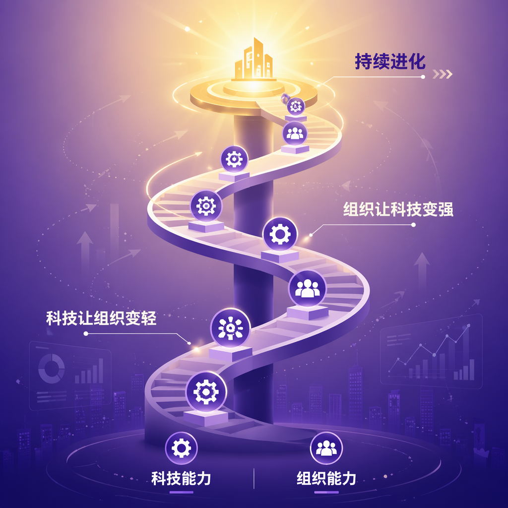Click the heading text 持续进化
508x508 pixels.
pyautogui.click(x=390, y=62)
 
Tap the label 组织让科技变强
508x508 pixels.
pyautogui.click(x=398, y=209)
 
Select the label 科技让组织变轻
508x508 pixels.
pyautogui.click(x=101, y=318)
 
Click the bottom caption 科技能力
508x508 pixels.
pyautogui.click(x=181, y=479)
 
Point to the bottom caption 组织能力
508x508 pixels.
pyautogui.click(x=326, y=479)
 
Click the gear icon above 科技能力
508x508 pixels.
pyautogui.click(x=181, y=448)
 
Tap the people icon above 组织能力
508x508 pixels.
pyautogui.click(x=326, y=448)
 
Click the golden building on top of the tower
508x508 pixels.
pyautogui.click(x=254, y=60)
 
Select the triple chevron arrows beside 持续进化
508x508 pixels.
pyautogui.click(x=442, y=74)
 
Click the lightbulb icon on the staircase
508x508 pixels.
pyautogui.click(x=230, y=328)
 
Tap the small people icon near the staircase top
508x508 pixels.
pyautogui.click(x=295, y=133)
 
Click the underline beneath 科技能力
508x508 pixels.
pyautogui.click(x=181, y=493)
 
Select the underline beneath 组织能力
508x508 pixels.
pyautogui.click(x=326, y=493)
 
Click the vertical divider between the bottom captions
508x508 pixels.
pyautogui.click(x=254, y=479)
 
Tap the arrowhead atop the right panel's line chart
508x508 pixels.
pyautogui.click(x=468, y=325)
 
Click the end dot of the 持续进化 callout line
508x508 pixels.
pyautogui.click(x=423, y=77)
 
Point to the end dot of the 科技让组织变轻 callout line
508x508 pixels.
pyautogui.click(x=86, y=333)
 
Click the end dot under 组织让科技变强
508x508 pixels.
pyautogui.click(x=413, y=225)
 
